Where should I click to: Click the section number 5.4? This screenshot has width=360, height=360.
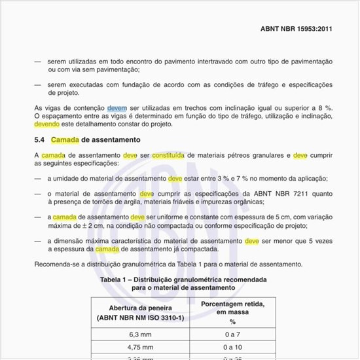pos(40,140)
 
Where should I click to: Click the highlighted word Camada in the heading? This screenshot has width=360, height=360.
pos(65,140)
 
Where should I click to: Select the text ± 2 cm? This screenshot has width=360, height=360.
pos(81,226)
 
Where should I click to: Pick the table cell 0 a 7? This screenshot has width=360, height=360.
pos(232,333)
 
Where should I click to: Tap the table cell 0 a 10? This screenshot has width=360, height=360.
pos(232,347)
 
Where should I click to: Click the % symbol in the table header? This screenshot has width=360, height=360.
pos(232,321)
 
